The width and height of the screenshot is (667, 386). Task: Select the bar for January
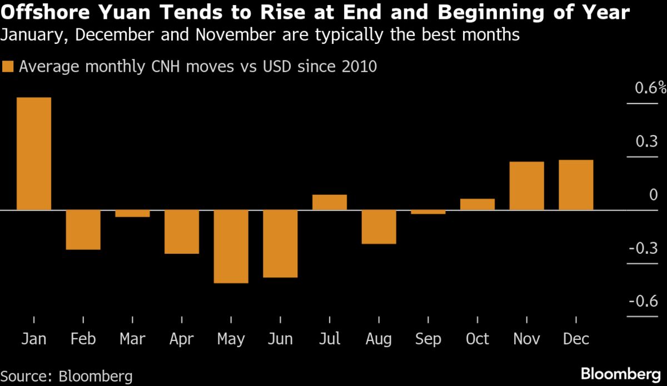(x=34, y=154)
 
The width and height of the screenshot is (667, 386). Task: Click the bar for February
(x=83, y=230)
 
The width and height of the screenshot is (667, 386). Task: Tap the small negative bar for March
(x=132, y=214)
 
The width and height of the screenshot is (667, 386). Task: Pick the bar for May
(x=231, y=247)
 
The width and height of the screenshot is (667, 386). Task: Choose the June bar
(x=280, y=244)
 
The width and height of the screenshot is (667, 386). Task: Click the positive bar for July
(x=329, y=202)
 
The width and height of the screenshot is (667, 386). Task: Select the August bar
(x=379, y=227)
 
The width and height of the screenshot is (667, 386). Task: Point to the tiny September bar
(x=428, y=212)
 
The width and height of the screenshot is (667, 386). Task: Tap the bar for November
(x=526, y=186)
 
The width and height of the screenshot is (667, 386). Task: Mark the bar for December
(x=575, y=185)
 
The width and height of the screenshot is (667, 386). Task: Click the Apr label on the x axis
(x=181, y=339)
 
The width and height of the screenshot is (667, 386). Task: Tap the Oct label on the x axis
(x=477, y=339)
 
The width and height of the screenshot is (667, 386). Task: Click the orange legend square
(x=8, y=67)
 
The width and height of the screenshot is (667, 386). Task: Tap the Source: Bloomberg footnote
(x=67, y=376)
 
